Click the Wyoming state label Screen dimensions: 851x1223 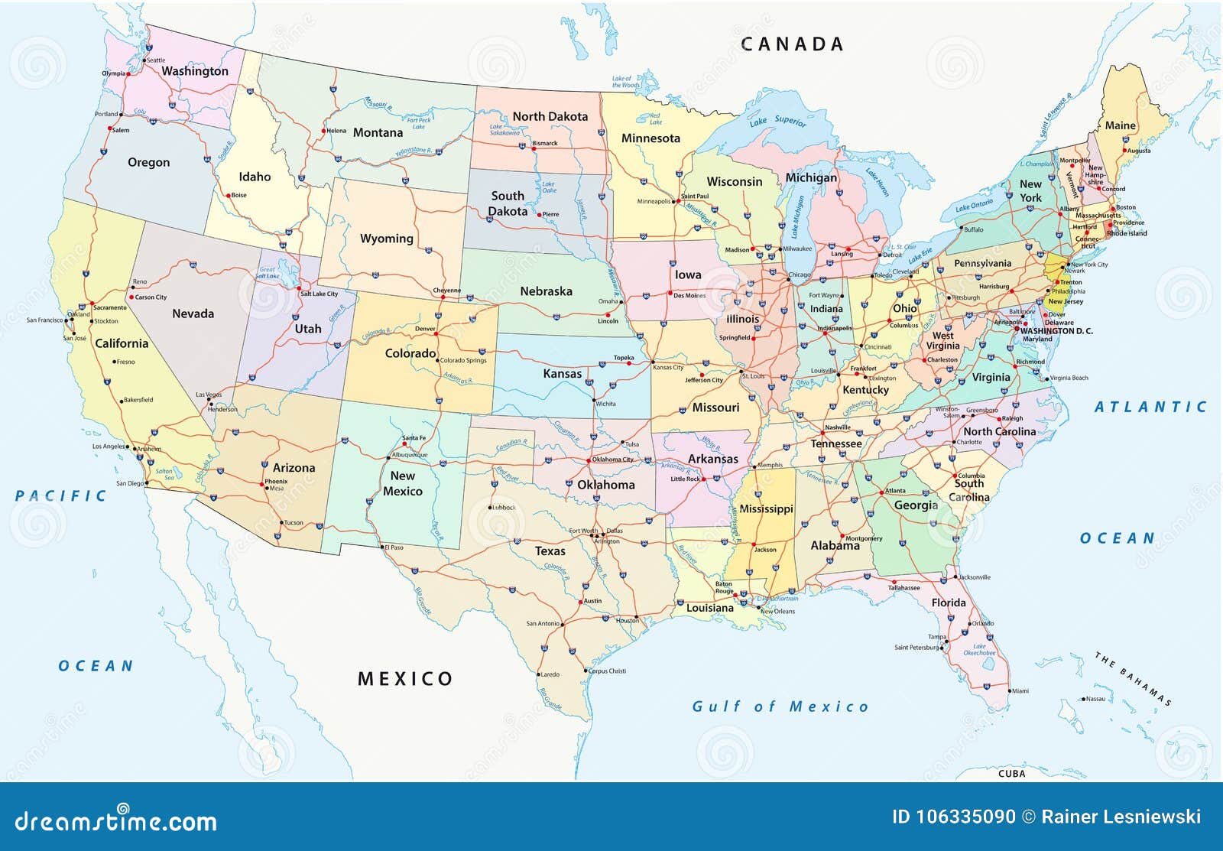click(x=386, y=239)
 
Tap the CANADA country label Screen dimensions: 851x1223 click(x=793, y=44)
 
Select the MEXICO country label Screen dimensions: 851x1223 click(x=405, y=679)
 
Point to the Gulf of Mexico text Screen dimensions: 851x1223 click(x=780, y=706)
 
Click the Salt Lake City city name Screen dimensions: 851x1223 click(x=319, y=294)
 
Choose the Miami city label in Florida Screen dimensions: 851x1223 click(x=1019, y=690)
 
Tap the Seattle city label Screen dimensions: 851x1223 click(x=155, y=60)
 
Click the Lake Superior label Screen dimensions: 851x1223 click(x=777, y=121)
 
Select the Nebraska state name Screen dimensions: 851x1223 click(x=546, y=291)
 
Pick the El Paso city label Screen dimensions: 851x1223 click(x=394, y=547)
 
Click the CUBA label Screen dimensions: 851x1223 click(x=1011, y=774)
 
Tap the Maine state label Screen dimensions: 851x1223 click(x=1120, y=125)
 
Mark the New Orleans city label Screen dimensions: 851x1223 click(x=777, y=611)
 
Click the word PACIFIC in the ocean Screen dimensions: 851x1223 click(x=61, y=496)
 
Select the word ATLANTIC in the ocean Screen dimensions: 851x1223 click(x=1150, y=407)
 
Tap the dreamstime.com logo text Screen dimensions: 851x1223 click(x=116, y=821)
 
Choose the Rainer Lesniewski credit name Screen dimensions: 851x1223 click(x=1121, y=817)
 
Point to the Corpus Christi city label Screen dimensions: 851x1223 click(x=607, y=671)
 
